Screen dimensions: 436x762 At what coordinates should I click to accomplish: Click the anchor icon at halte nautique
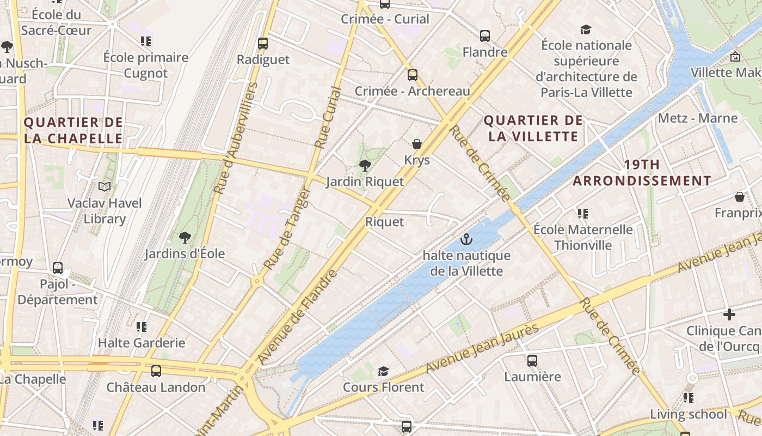(x=466, y=239)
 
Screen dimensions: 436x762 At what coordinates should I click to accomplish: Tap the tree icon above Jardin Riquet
(x=365, y=166)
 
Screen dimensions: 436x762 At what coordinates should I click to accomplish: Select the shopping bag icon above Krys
(x=417, y=144)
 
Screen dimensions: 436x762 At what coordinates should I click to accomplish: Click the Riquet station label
(x=384, y=222)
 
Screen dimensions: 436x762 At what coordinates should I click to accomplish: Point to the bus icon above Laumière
(x=532, y=360)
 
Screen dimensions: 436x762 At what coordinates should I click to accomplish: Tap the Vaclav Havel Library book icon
(x=105, y=187)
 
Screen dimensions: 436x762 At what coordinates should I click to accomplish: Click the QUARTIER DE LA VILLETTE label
(x=533, y=129)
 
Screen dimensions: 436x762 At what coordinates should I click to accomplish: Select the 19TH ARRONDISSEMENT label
(x=642, y=173)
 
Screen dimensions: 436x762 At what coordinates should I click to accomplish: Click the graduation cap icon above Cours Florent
(x=383, y=371)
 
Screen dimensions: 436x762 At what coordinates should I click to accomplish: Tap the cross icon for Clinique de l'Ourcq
(x=729, y=314)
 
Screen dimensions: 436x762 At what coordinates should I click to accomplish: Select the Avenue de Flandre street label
(x=298, y=317)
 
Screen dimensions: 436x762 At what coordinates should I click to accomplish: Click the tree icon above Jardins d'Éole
(x=185, y=238)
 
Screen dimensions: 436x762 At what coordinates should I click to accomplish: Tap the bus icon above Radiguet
(x=263, y=43)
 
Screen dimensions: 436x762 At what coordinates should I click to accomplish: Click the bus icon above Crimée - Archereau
(x=413, y=75)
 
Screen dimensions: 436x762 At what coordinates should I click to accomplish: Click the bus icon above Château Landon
(x=156, y=371)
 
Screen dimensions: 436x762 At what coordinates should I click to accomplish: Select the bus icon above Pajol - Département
(x=58, y=268)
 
